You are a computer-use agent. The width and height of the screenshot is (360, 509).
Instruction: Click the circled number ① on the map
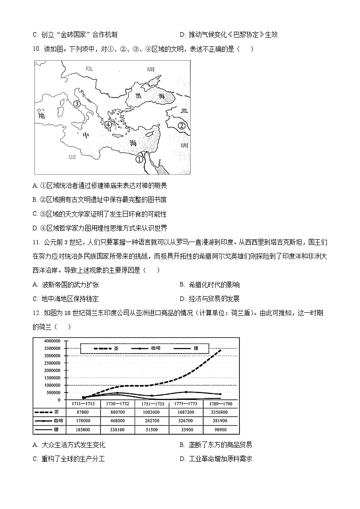coord(140,159)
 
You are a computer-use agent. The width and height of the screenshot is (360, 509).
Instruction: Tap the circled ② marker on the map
coord(181,126)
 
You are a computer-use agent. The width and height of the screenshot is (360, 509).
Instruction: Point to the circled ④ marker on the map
coord(108,125)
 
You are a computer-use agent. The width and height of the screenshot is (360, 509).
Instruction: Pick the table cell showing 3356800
coord(215,412)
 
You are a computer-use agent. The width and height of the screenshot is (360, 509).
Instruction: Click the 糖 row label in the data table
coord(56,429)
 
